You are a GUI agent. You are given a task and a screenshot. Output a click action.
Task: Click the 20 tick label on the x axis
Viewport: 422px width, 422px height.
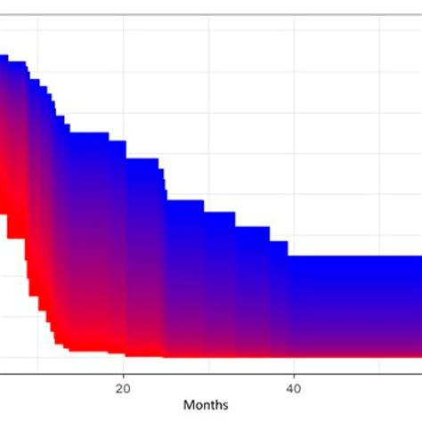tap(123, 387)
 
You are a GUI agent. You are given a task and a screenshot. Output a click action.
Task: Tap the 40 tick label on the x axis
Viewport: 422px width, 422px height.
tap(293, 387)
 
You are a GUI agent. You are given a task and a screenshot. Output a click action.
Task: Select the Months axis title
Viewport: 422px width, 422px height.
tap(206, 405)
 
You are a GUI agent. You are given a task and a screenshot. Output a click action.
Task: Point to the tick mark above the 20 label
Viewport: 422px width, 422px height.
tap(123, 377)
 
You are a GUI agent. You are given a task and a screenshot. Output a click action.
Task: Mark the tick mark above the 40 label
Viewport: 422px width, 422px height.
tap(293, 377)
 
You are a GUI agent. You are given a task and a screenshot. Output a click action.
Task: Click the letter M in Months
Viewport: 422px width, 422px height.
tap(189, 405)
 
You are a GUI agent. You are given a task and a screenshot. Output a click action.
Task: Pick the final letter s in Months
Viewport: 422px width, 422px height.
tap(225, 405)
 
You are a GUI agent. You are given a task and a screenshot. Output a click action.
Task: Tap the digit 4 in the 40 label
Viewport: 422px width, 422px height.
tap(289, 387)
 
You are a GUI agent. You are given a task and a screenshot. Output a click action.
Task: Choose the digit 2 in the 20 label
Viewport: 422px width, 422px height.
tap(119, 387)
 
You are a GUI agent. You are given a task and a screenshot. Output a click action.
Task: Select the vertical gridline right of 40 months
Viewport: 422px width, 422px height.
tap(378, 134)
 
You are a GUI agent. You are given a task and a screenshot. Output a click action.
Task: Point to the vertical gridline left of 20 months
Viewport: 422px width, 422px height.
tap(38, 36)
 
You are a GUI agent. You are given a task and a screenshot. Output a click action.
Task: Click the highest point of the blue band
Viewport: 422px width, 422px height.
tap(13, 56)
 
